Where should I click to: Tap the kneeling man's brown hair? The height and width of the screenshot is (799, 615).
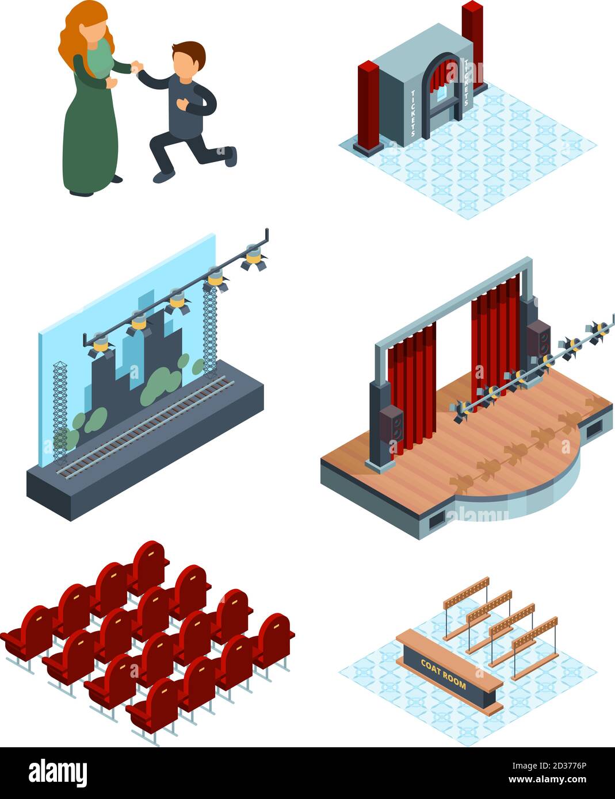188,50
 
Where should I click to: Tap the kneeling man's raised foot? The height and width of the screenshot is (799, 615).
230,156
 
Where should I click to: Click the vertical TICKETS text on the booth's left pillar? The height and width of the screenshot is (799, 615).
412,112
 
